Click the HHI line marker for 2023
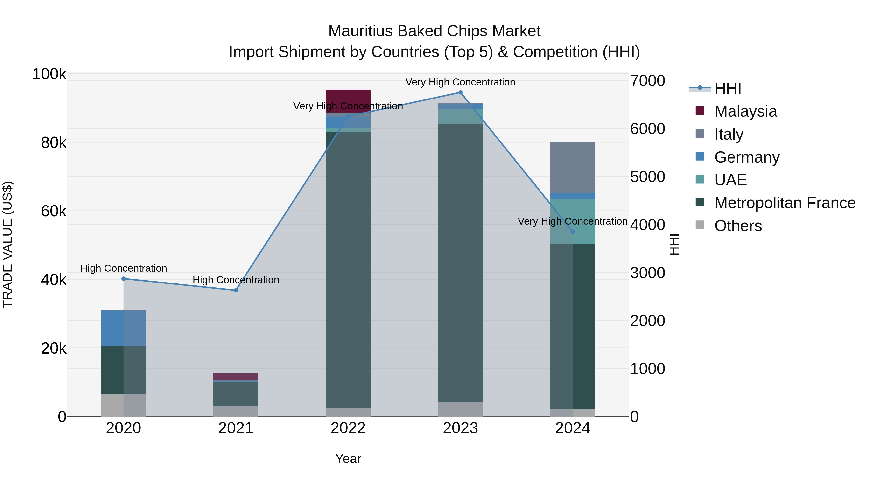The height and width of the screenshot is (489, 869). (x=460, y=92)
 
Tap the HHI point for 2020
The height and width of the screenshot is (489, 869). (x=123, y=279)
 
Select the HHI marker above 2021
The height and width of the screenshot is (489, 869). (x=236, y=290)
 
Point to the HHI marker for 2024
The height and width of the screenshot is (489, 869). (x=573, y=232)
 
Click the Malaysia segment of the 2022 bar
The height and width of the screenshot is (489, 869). (x=348, y=98)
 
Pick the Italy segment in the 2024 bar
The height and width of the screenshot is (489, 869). (x=573, y=167)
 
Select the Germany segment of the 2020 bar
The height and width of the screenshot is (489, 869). (x=123, y=328)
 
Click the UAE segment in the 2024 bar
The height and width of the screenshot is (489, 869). (x=573, y=221)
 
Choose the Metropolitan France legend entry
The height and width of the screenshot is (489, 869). (x=785, y=203)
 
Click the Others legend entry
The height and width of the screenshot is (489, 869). (x=738, y=226)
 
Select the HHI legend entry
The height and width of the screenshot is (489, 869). (x=728, y=88)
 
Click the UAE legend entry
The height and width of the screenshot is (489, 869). (x=730, y=180)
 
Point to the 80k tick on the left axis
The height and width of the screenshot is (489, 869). (x=54, y=143)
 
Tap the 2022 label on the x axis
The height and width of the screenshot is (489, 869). (x=348, y=428)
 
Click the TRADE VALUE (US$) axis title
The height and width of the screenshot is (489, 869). (x=7, y=244)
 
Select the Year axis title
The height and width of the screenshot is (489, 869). (x=348, y=459)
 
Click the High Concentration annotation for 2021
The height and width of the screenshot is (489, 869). (x=236, y=280)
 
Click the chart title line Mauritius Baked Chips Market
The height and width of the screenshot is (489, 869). (x=434, y=31)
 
